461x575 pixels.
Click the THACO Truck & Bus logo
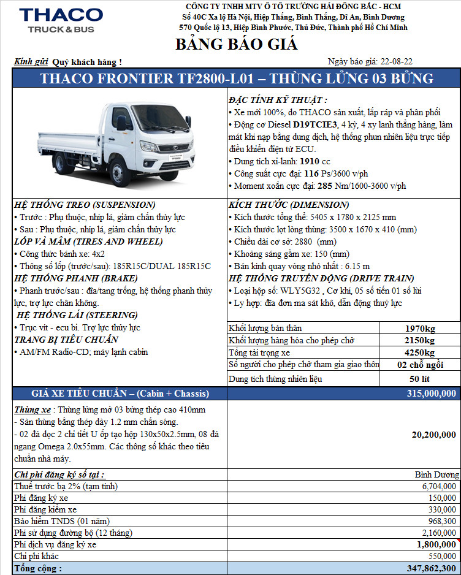pos(61,20)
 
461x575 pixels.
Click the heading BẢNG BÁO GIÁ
pos(236,44)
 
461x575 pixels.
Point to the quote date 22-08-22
pos(397,61)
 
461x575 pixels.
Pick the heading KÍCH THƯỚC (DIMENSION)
pos(289,205)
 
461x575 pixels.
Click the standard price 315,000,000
pos(431,394)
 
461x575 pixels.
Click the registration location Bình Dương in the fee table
pos(436,474)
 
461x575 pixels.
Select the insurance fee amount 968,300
pos(440,521)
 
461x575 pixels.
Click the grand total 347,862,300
pos(427,568)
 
